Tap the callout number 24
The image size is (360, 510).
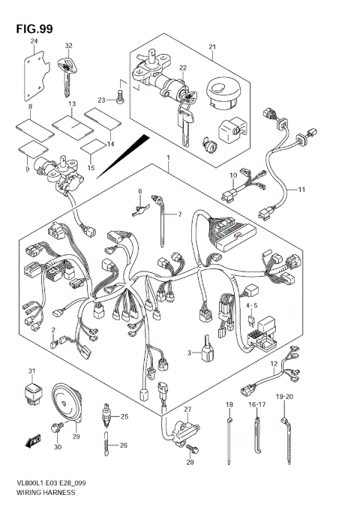click(x=34, y=43)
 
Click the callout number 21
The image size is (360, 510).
click(x=211, y=49)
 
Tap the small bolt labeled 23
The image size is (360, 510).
click(x=120, y=94)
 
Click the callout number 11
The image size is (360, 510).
click(x=301, y=190)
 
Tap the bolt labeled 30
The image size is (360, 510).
click(x=55, y=427)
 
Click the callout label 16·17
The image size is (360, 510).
click(x=258, y=404)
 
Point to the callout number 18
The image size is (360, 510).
click(x=229, y=404)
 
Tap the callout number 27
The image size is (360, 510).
click(x=188, y=409)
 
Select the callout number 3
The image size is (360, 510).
click(x=190, y=352)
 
